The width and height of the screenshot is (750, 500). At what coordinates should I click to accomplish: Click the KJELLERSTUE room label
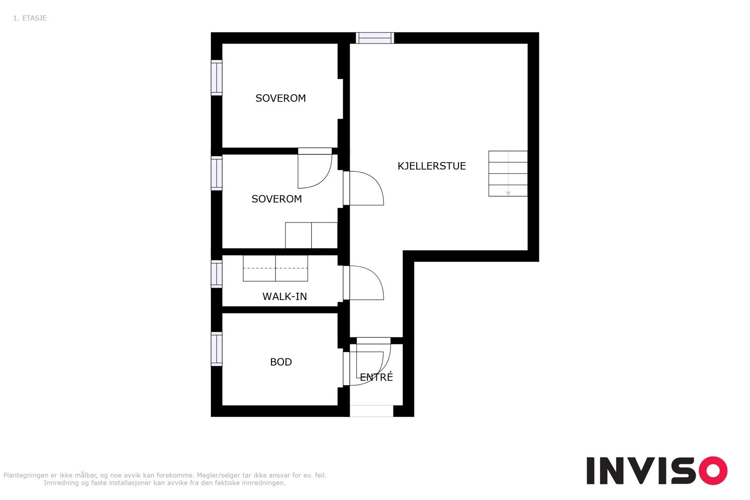tap(432, 166)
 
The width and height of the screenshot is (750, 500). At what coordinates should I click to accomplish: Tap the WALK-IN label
tap(285, 297)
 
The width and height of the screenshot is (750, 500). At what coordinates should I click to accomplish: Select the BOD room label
tap(281, 362)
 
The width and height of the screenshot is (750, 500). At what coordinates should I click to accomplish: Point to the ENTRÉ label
tap(376, 377)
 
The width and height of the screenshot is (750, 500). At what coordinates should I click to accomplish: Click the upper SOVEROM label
tap(281, 98)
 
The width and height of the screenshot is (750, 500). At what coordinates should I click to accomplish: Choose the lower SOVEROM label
tap(277, 199)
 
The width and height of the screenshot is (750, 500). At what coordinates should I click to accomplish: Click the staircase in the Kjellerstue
tap(508, 173)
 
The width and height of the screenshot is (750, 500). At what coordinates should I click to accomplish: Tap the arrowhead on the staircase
tap(508, 194)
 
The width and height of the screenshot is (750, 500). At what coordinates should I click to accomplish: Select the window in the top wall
tap(375, 38)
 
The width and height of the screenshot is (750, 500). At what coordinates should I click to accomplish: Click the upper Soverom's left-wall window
tap(217, 78)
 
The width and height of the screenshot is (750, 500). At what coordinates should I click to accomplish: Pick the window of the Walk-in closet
tap(217, 274)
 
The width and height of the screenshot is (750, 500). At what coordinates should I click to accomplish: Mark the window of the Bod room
tap(217, 349)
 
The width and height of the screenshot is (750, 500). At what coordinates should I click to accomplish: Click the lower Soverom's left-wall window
tap(217, 173)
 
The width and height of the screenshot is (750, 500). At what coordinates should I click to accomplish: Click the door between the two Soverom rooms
tap(315, 168)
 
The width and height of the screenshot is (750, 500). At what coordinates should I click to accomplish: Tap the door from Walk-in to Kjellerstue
tap(363, 283)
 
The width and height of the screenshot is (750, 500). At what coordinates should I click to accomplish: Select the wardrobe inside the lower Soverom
tap(311, 235)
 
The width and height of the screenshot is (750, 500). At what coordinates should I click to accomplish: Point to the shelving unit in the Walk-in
tap(275, 269)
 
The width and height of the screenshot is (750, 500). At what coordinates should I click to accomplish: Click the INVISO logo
tap(657, 470)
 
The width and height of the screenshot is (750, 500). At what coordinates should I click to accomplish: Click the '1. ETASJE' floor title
tap(30, 18)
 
